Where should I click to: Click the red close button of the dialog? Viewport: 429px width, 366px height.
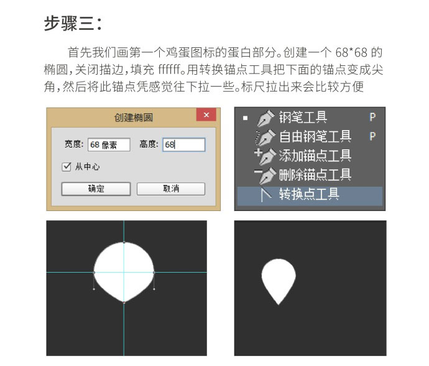point(206,116)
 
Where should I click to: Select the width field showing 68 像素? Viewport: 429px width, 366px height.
point(109,144)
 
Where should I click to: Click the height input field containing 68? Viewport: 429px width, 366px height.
point(183,144)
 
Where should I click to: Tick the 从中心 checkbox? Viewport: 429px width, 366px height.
point(67,167)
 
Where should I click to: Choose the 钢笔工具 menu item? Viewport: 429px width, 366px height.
point(303,118)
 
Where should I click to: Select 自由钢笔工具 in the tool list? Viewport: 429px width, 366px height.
point(315,136)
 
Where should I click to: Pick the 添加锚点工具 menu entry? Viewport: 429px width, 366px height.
point(315,156)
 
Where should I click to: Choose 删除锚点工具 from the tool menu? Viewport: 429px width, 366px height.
point(315,175)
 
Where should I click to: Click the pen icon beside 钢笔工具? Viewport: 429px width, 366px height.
point(265,118)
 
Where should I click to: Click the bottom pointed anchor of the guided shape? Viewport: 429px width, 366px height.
point(124,302)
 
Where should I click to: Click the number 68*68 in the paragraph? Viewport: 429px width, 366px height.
point(349,52)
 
